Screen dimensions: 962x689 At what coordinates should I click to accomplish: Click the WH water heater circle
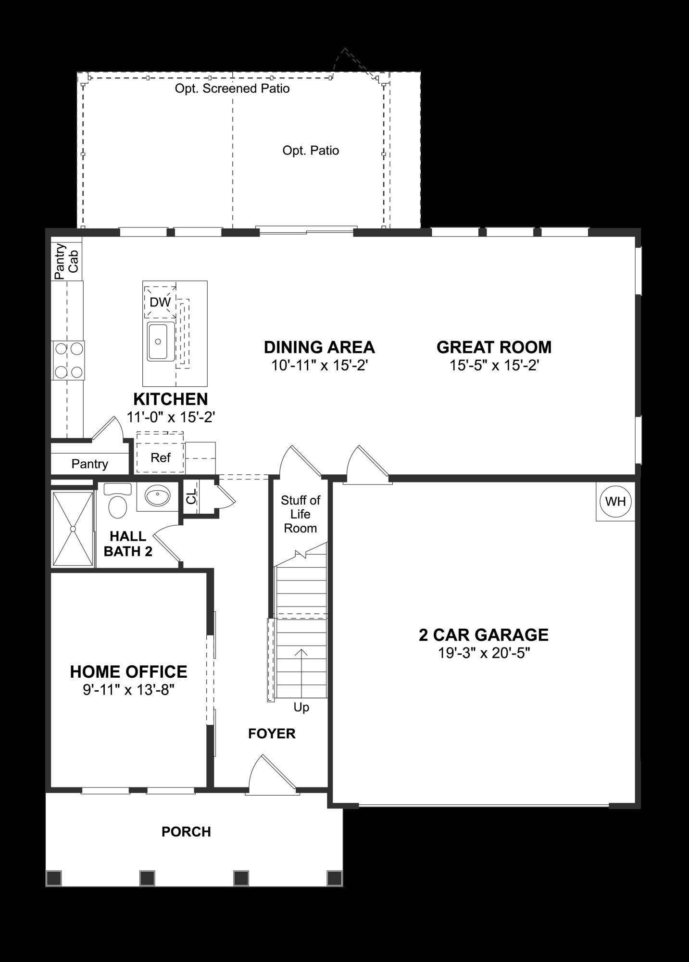coord(615,501)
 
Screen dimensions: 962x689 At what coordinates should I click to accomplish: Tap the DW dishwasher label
coord(160,302)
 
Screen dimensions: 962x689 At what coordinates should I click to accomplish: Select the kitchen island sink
coord(161,342)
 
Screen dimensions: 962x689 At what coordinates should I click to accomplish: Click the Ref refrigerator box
coord(160,457)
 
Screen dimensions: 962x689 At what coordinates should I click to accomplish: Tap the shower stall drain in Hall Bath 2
coord(73,529)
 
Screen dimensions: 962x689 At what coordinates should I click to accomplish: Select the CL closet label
coord(191,496)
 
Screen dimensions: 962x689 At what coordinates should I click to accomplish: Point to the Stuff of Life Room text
coord(301,514)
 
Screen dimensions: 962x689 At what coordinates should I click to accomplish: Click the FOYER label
coord(272,734)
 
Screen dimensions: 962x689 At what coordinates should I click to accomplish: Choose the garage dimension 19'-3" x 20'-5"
coord(483,653)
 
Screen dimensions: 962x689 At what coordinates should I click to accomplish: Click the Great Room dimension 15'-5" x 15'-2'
coord(494,366)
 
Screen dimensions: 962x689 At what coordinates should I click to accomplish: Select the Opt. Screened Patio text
coord(232,89)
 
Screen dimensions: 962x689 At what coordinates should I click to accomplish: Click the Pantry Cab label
coord(66,261)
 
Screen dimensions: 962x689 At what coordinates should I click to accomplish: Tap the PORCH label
coord(186,832)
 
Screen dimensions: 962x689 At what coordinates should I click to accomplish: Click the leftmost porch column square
coord(54,878)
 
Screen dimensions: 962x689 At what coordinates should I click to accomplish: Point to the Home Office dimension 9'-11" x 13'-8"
coord(128,690)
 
